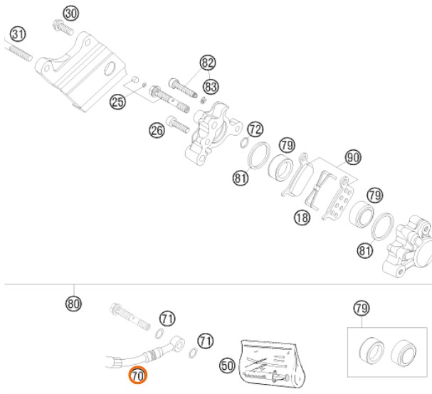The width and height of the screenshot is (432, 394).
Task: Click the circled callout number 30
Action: (70, 13)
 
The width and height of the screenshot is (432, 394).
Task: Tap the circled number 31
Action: (18, 33)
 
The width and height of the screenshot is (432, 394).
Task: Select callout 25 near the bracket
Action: (117, 102)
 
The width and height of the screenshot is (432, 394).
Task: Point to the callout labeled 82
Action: (208, 63)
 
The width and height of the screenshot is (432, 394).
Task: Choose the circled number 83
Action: (210, 86)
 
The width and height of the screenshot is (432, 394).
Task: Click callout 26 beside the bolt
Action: (157, 129)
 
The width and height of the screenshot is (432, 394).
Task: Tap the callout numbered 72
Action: (255, 129)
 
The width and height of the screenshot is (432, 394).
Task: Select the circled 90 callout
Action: (353, 156)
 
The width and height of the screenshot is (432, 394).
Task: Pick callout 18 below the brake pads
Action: (302, 218)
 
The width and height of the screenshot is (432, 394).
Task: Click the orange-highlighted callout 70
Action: (137, 374)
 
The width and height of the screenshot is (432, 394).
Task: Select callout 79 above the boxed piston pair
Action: (362, 308)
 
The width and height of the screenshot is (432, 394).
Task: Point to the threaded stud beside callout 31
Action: (21, 52)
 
